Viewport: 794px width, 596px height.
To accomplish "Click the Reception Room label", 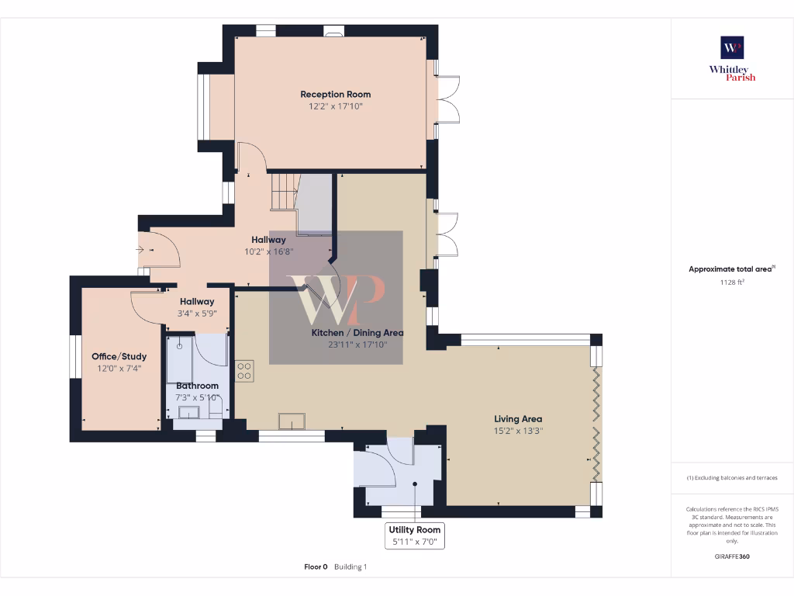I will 335,95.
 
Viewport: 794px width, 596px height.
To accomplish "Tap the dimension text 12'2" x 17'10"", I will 335,106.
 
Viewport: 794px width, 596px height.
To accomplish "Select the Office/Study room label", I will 119,356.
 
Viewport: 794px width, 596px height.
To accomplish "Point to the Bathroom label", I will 197,386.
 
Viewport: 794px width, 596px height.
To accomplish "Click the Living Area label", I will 518,419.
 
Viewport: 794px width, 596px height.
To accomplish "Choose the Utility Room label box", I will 415,535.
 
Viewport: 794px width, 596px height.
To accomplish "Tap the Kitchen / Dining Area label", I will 357,333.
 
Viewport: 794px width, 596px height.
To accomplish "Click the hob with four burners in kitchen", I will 245,371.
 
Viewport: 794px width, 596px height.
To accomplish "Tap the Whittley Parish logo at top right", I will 732,58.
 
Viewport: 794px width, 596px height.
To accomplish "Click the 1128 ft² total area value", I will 732,282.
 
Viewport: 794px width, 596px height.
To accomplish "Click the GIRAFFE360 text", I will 732,556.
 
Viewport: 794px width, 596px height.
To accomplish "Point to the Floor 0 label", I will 316,567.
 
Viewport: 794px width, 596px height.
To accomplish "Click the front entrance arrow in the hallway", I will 140,250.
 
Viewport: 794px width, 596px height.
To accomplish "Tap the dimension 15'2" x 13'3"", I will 518,431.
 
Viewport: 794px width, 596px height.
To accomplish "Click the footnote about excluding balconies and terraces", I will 732,478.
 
